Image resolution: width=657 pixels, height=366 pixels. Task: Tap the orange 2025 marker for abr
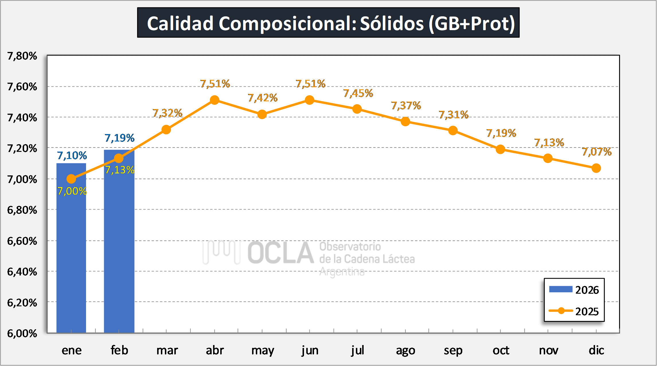215,100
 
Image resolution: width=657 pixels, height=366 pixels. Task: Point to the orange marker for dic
596,168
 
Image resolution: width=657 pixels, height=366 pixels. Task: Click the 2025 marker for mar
166,130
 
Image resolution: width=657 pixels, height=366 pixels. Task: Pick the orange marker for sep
453,131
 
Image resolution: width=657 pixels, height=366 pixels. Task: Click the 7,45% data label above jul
358,93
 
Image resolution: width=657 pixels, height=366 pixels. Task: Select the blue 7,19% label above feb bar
120,138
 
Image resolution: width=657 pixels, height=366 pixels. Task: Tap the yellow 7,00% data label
72,191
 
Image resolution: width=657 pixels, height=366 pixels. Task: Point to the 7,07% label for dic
597,152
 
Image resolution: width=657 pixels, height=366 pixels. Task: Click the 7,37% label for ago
406,106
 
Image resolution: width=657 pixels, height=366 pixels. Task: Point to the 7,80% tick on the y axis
22,56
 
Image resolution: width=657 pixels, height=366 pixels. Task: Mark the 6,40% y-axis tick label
22,272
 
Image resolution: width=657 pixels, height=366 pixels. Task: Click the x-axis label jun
310,350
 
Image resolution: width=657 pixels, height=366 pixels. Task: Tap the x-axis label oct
501,350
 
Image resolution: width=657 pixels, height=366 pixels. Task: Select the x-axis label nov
548,350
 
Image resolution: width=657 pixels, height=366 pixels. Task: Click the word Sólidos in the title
392,23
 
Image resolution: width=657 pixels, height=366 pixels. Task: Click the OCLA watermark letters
281,253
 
